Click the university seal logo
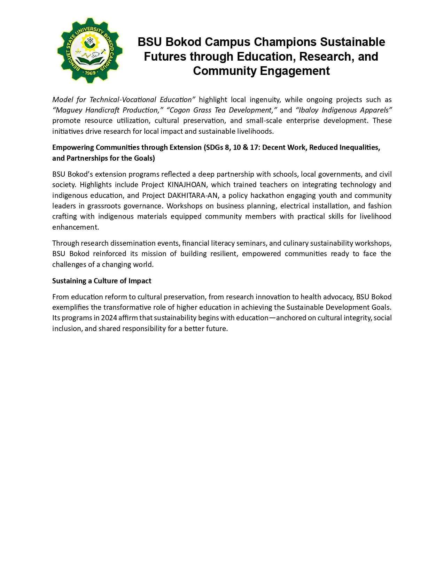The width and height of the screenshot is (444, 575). tap(90, 50)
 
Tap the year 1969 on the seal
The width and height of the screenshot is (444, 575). tap(90, 73)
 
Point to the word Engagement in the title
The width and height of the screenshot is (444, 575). tap(295, 71)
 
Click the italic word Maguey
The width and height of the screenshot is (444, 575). tap(69, 110)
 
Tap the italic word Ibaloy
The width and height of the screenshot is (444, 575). tap(308, 110)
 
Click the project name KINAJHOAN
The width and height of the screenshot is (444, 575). tap(187, 185)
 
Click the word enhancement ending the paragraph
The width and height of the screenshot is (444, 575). tap(75, 227)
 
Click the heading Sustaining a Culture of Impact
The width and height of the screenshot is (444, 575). tap(102, 281)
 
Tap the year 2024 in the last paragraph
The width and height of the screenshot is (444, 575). tap(109, 318)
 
